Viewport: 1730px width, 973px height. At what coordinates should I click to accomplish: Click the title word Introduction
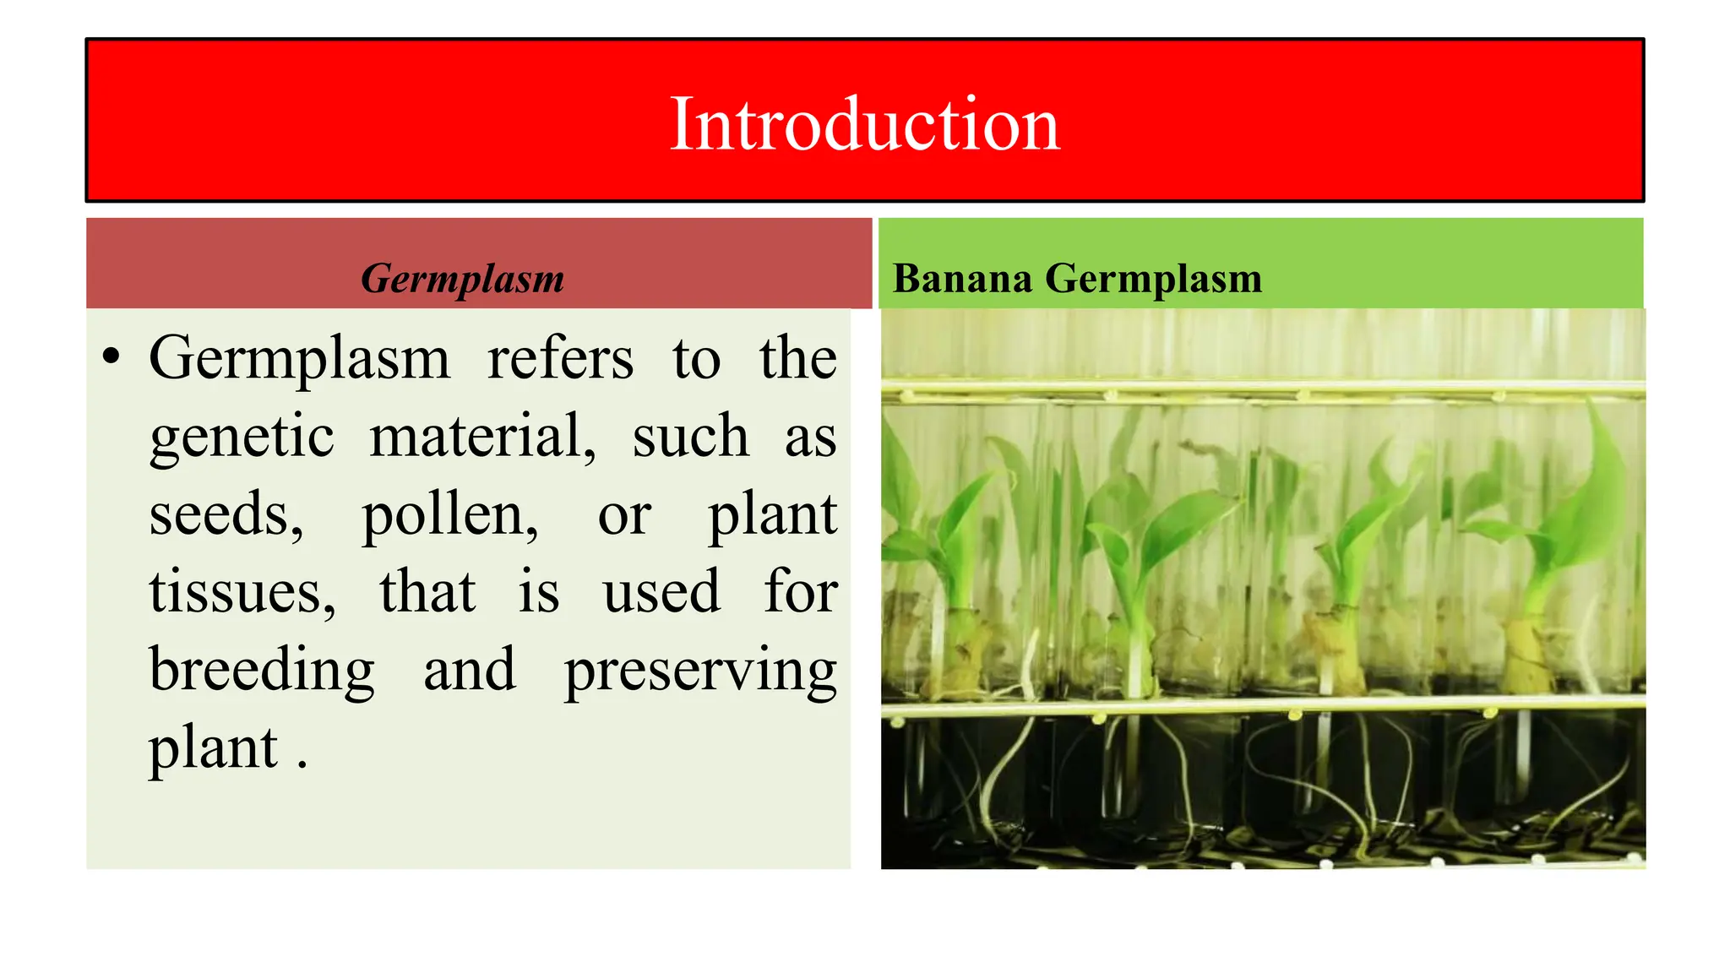(x=864, y=124)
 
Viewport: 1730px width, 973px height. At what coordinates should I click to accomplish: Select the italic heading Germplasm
(x=462, y=279)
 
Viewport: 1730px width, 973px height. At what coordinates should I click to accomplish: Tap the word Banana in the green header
(x=962, y=279)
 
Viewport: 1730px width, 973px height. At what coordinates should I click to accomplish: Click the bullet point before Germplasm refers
(x=111, y=357)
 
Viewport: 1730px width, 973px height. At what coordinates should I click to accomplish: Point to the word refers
(x=560, y=359)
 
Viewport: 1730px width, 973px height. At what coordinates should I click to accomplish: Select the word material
(x=482, y=438)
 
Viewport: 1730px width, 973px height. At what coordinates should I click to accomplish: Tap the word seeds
(x=226, y=515)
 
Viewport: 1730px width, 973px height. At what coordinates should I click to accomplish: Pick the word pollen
(x=449, y=515)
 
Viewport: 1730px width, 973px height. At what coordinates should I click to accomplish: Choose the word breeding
(x=262, y=671)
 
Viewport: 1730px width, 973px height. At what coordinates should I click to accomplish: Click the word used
(x=661, y=593)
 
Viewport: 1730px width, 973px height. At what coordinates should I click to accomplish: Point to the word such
(x=690, y=438)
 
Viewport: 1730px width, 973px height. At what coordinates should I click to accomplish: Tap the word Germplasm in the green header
(x=1153, y=279)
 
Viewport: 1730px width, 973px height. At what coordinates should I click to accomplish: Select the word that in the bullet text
(x=427, y=592)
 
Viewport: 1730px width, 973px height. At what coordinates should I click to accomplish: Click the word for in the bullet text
(x=801, y=592)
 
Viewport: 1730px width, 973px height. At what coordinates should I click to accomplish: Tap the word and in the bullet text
(x=469, y=671)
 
